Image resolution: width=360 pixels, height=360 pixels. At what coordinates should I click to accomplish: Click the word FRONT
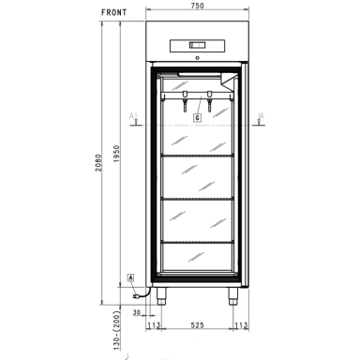[114, 12]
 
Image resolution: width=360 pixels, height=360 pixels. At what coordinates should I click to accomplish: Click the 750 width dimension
[197, 6]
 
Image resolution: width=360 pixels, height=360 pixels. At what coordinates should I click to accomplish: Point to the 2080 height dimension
[98, 162]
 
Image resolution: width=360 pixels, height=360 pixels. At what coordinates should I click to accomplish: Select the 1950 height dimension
[116, 154]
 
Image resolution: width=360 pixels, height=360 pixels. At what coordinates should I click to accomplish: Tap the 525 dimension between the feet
[197, 325]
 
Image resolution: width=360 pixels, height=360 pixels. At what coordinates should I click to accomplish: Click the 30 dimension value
[137, 312]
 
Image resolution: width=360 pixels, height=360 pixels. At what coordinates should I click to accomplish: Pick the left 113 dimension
[154, 325]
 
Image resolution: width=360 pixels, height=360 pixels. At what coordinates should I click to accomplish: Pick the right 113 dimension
[241, 325]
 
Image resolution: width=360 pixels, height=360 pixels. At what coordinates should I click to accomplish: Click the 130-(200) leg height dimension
[116, 330]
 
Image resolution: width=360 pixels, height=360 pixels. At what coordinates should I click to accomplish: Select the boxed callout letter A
[131, 277]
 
